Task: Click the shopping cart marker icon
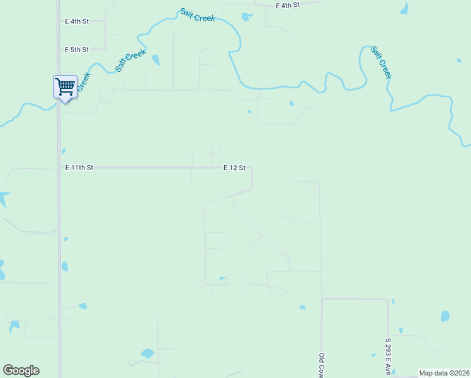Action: pos(65,86)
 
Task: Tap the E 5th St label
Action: pos(77,49)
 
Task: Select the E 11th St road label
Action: pos(79,168)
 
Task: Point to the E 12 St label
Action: pos(234,168)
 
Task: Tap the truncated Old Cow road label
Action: pos(322,365)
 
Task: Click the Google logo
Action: pos(21,370)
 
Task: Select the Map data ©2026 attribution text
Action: pos(444,373)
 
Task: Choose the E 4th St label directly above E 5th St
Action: pos(77,21)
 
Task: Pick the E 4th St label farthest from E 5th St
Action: pos(288,5)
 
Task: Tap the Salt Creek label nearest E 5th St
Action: pos(131,59)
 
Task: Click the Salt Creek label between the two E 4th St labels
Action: pos(197,14)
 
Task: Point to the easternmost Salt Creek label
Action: pos(382,62)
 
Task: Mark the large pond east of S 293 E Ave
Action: pos(445,316)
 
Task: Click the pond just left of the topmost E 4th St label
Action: pos(246,17)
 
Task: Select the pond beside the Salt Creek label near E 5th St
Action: pos(156,60)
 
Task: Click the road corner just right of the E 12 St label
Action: pos(252,169)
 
